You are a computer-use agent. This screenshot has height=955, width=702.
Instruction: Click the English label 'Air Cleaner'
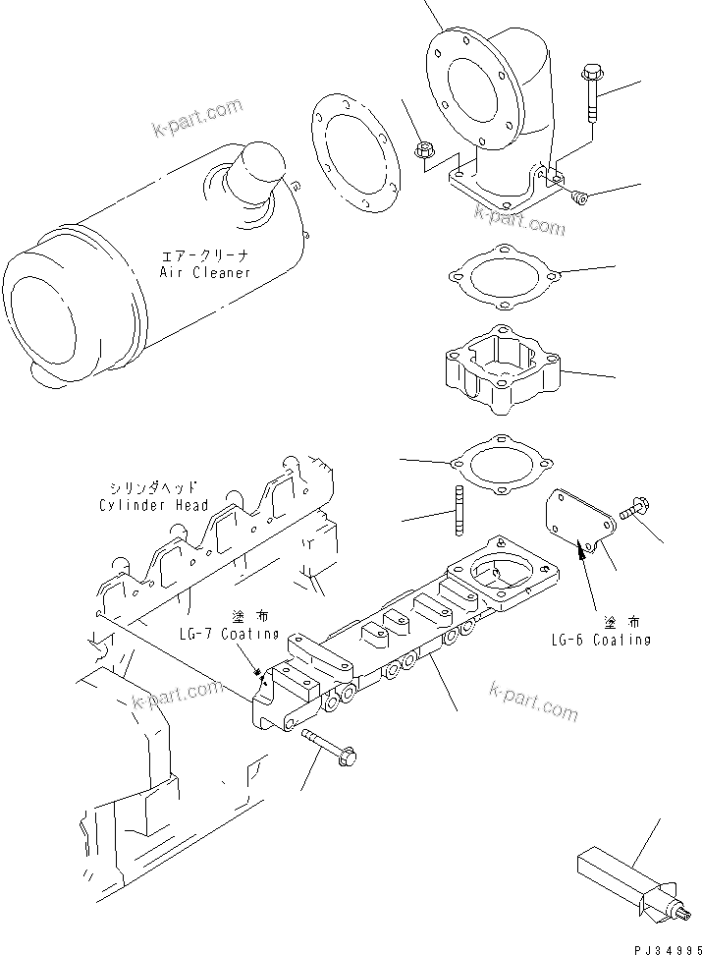point(205,272)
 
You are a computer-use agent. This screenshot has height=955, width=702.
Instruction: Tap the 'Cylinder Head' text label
point(153,505)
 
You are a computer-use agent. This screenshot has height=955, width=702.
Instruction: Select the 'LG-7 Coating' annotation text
point(228,634)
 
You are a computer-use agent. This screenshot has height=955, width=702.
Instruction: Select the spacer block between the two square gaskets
point(501,371)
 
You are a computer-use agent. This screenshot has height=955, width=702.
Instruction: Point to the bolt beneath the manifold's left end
point(328,746)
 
